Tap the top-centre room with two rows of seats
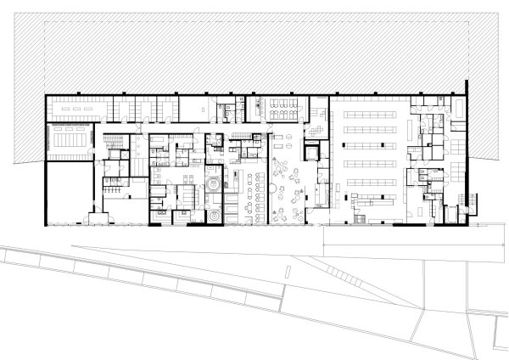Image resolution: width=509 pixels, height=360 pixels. pyautogui.click(x=281, y=110)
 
